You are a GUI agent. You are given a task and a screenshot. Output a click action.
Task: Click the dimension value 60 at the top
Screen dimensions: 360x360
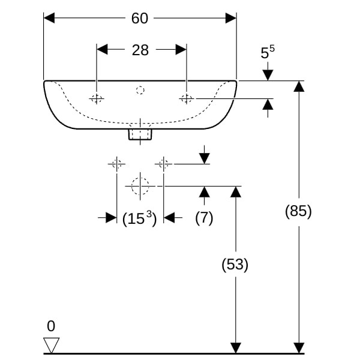tap(140, 18)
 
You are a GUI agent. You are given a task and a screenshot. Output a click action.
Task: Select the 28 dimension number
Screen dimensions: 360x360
tap(140, 50)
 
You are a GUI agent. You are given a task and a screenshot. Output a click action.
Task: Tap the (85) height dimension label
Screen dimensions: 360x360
tap(298, 211)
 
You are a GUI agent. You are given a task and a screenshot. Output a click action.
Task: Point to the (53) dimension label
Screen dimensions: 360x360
tap(235, 264)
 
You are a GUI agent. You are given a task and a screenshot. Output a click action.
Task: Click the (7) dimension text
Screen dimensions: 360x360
tap(204, 218)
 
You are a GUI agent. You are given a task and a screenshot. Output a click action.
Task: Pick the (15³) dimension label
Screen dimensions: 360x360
tap(139, 218)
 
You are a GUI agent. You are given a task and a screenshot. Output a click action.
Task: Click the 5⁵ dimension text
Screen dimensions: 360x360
tap(267, 53)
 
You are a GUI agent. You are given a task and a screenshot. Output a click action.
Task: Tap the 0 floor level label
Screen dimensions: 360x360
tap(51, 326)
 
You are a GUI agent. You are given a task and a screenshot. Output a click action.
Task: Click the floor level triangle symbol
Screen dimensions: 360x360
tap(52, 345)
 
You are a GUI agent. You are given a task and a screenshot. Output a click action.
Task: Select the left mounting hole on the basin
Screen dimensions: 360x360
tap(97, 98)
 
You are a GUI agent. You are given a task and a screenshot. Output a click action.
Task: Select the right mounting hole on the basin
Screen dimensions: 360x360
tap(187, 98)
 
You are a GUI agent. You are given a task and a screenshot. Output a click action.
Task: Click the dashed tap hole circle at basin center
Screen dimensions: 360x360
tap(140, 91)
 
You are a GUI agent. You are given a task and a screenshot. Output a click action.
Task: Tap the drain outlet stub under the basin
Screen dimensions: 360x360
tap(140, 133)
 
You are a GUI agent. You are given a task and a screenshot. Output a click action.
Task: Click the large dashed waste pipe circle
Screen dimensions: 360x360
tap(140, 186)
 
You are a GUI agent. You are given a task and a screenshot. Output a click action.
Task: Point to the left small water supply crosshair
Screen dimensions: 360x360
tap(116, 163)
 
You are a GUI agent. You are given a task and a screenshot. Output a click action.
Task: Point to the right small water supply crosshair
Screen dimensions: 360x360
tap(163, 163)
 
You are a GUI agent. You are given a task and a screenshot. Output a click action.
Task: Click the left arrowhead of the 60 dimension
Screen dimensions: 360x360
tap(49, 18)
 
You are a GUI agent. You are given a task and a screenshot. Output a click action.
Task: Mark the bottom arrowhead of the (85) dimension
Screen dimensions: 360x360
tap(298, 348)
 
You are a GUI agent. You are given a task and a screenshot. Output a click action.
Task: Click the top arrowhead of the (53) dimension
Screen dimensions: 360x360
tap(236, 191)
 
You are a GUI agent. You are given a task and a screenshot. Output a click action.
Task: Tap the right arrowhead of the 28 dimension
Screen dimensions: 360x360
tap(181, 50)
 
